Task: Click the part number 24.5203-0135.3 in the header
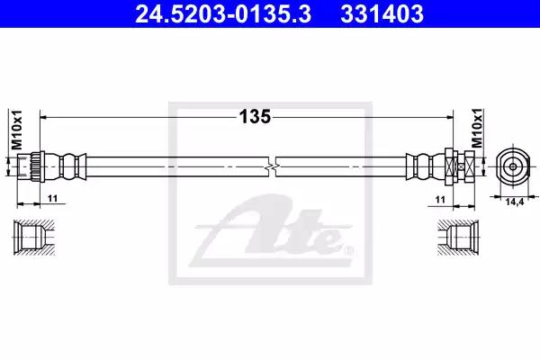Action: click(223, 13)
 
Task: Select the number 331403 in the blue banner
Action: click(382, 13)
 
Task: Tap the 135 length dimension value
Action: click(255, 117)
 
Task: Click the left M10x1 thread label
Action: click(16, 130)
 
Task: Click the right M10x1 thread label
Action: click(477, 128)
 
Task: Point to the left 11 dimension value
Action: click(53, 198)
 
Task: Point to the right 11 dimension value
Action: click(440, 200)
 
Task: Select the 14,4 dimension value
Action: click(515, 202)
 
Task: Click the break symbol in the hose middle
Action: click(272, 167)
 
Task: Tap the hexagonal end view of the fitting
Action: click(513, 166)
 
